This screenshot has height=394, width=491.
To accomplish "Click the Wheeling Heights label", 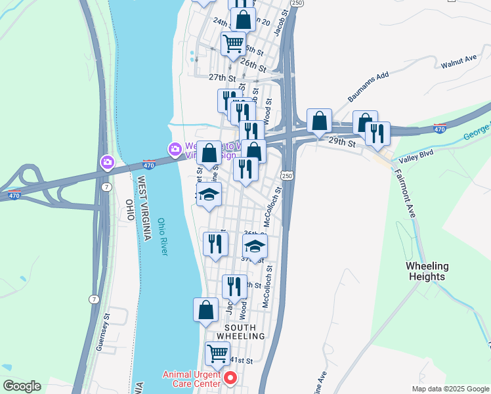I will pos(427,271).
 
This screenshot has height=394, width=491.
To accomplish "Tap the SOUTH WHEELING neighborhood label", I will pos(244,331).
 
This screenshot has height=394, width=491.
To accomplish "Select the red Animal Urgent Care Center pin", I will pos(230,378).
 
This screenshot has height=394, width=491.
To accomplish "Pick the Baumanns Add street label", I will pos(368,86).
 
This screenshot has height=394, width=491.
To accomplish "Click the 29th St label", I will pos(341,142).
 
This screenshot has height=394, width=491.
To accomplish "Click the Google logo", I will pos(22,386).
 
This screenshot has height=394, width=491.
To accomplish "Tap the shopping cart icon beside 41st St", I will pos(217,353).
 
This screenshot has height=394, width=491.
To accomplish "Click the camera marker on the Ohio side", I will pos(107,161).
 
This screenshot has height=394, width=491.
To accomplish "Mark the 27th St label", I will pos(222,77).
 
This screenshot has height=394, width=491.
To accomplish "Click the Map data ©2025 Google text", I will pos(450,389).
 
